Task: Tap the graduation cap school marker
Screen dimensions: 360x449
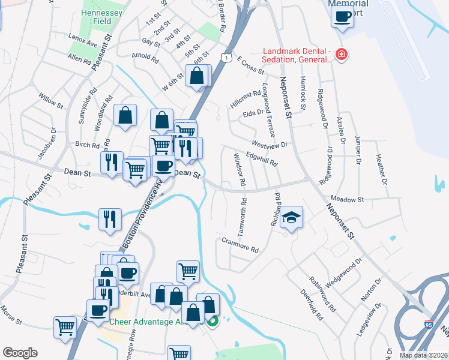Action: pyautogui.click(x=292, y=217)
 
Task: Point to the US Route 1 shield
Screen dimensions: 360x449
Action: pyautogui.click(x=225, y=56)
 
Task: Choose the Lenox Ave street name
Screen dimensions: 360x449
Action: pyautogui.click(x=83, y=44)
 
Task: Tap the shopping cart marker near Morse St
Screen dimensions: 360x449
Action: pyautogui.click(x=65, y=327)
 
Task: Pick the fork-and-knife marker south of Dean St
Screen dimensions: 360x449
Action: pyautogui.click(x=110, y=218)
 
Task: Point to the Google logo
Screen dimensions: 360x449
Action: pyautogui.click(x=20, y=353)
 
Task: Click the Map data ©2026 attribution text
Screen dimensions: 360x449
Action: pyautogui.click(x=423, y=355)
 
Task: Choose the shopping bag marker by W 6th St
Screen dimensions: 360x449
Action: pyautogui.click(x=197, y=76)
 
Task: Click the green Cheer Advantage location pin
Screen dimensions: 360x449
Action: pyautogui.click(x=212, y=320)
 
